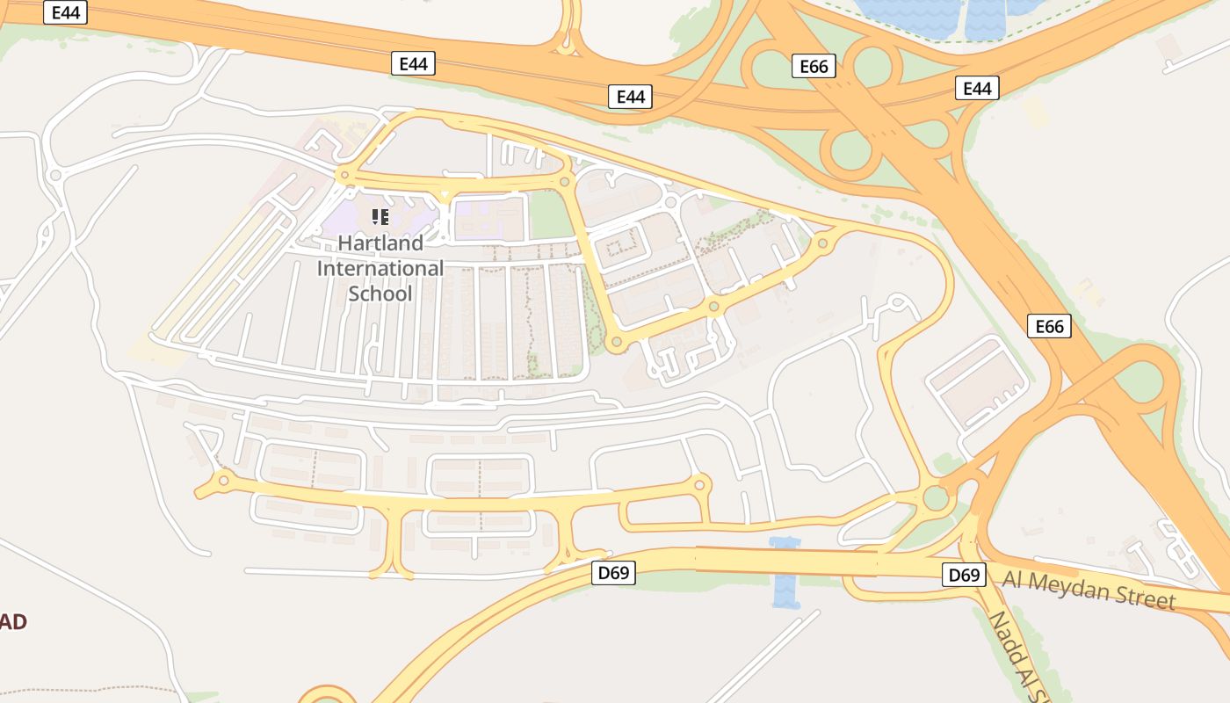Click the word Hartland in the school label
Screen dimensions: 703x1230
(x=380, y=243)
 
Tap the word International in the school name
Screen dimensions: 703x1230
(x=380, y=268)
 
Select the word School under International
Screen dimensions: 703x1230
(x=380, y=294)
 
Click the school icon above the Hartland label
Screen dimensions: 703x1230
(x=380, y=216)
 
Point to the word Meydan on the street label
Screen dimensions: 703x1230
(x=1069, y=587)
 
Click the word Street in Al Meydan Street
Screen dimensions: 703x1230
(x=1141, y=598)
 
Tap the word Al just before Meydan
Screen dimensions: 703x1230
(x=1014, y=579)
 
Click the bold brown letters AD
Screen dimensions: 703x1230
(x=13, y=622)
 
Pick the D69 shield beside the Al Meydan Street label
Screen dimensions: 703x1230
(x=963, y=576)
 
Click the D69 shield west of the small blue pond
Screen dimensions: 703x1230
(x=613, y=574)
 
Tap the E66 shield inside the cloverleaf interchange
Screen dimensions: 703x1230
(x=814, y=66)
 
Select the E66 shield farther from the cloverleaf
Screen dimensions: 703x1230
(x=1049, y=327)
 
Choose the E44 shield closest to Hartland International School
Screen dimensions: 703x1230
(x=413, y=63)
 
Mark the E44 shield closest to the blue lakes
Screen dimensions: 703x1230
(x=977, y=88)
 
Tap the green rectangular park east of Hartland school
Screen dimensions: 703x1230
(x=550, y=215)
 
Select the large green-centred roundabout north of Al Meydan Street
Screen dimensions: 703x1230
(x=936, y=498)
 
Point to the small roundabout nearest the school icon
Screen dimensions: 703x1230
(x=344, y=176)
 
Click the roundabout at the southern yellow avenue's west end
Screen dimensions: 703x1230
(x=223, y=480)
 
